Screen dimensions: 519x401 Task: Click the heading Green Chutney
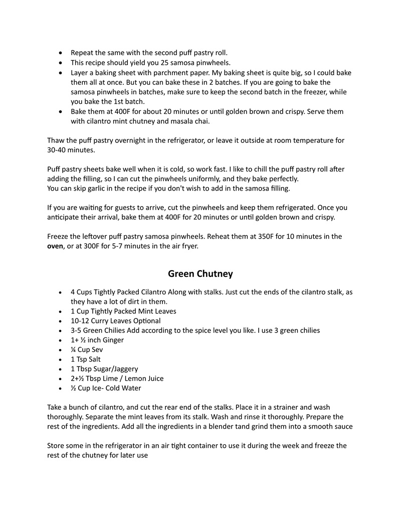point(200,274)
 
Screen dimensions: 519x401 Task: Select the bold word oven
point(55,246)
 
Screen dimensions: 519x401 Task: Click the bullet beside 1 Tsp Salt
point(61,360)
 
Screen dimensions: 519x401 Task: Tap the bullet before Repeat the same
point(61,53)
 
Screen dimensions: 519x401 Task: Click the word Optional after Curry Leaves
point(145,320)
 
